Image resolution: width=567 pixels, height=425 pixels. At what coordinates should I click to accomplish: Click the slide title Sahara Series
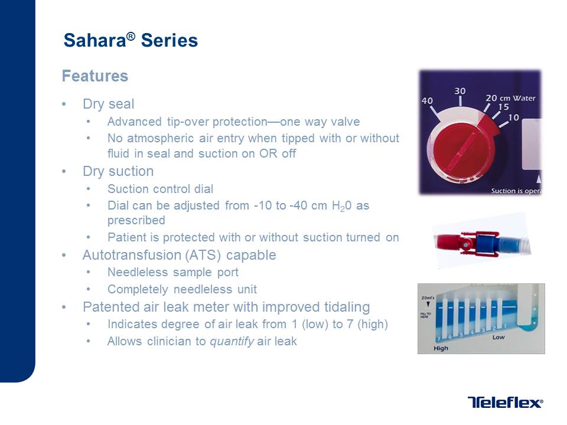pyautogui.click(x=131, y=40)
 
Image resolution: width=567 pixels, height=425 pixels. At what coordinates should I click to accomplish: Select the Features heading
pyautogui.click(x=95, y=76)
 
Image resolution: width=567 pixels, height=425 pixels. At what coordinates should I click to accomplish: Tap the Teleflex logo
pyautogui.click(x=505, y=402)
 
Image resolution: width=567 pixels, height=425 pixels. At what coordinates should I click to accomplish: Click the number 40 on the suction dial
pyautogui.click(x=427, y=101)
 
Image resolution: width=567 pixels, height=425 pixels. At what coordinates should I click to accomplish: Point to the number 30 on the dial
pyautogui.click(x=460, y=91)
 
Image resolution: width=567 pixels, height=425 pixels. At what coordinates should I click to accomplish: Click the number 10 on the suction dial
pyautogui.click(x=513, y=117)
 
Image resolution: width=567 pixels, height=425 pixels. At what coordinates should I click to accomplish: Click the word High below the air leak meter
pyautogui.click(x=441, y=348)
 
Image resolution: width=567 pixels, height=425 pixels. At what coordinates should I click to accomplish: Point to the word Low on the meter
pyautogui.click(x=498, y=337)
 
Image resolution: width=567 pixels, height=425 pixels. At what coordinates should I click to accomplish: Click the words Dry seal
pyautogui.click(x=109, y=104)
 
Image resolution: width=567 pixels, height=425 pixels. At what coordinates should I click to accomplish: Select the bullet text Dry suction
pyautogui.click(x=118, y=171)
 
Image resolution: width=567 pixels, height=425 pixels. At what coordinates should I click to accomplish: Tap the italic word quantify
pyautogui.click(x=232, y=342)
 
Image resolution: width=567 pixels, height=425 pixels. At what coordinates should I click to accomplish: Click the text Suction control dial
pyautogui.click(x=160, y=189)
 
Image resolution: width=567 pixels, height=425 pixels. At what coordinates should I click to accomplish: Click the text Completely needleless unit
pyautogui.click(x=182, y=289)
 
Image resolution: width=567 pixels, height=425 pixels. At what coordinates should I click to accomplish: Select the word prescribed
pyautogui.click(x=136, y=220)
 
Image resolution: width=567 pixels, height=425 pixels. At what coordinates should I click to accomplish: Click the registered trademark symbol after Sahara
pyautogui.click(x=131, y=36)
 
